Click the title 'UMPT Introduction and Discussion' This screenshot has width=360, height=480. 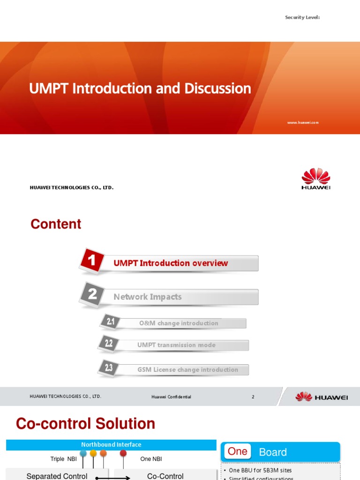pyautogui.click(x=140, y=89)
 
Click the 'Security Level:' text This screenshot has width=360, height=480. pyautogui.click(x=302, y=17)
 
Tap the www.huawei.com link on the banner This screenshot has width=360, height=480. pyautogui.click(x=303, y=122)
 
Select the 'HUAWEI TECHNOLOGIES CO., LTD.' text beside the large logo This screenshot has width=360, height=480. pyautogui.click(x=72, y=188)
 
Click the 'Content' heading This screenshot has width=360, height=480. pyautogui.click(x=56, y=224)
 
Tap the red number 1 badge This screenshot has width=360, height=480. pyautogui.click(x=92, y=261)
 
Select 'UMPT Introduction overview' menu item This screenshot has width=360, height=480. pyautogui.click(x=171, y=263)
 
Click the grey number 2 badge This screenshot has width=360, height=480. pyautogui.click(x=92, y=294)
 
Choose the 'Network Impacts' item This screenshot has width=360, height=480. pyautogui.click(x=148, y=297)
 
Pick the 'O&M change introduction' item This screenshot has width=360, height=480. pyautogui.click(x=179, y=323)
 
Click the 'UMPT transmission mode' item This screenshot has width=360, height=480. pyautogui.click(x=176, y=345)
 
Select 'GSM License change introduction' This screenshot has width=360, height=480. pyautogui.click(x=187, y=370)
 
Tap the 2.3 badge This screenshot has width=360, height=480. pyautogui.click(x=108, y=368)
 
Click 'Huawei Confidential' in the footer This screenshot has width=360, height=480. pyautogui.click(x=171, y=397)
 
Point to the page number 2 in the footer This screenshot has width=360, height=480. pyautogui.click(x=253, y=397)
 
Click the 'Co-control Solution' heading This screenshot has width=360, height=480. pyautogui.click(x=85, y=424)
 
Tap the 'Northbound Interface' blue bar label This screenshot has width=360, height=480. pyautogui.click(x=111, y=445)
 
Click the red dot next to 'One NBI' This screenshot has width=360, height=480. pyautogui.click(x=123, y=453)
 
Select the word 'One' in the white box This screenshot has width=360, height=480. pyautogui.click(x=237, y=452)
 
